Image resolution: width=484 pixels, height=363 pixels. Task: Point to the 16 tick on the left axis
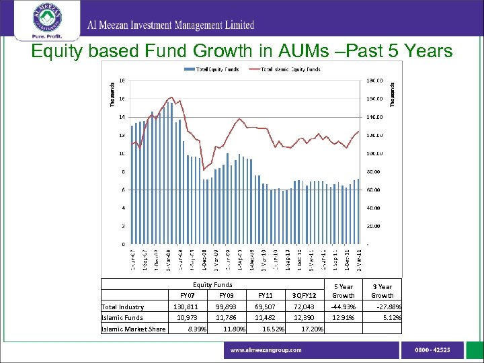[121, 99]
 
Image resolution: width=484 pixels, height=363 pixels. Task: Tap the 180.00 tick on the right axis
[374, 81]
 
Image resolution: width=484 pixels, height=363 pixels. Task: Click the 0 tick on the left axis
[122, 244]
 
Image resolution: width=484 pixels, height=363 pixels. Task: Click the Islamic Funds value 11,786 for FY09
[218, 318]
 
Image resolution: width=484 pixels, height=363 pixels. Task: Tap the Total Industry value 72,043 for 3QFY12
[304, 307]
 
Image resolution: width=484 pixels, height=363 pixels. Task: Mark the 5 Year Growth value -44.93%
[344, 307]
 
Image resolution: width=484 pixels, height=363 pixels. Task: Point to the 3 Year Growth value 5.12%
[391, 318]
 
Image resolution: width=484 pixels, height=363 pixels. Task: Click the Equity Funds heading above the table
[213, 284]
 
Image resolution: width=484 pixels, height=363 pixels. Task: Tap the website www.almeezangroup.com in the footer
[266, 350]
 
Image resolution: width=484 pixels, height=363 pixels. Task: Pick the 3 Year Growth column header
[382, 290]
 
